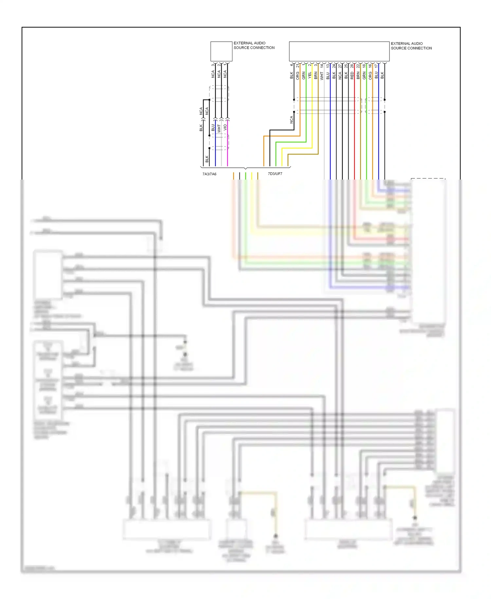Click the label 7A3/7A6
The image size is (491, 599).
point(209,174)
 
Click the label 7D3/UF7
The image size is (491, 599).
point(275,174)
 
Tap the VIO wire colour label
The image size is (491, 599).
point(225,127)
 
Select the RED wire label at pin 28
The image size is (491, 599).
point(352,76)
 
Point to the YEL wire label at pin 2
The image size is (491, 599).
point(310,75)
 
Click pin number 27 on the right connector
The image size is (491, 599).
point(340,66)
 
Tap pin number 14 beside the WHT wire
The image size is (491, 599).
point(322,66)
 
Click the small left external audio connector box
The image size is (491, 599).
point(221,51)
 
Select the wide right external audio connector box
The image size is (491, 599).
point(339,51)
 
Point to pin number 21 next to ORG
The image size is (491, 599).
point(298,66)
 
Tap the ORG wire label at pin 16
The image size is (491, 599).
point(370,76)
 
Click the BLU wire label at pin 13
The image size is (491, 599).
point(328,76)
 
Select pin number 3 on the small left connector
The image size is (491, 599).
point(213,65)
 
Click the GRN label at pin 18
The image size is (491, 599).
point(364,76)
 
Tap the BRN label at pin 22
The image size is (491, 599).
point(358,76)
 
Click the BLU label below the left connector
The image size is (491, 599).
point(213,127)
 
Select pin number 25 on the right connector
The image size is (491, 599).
point(346,66)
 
